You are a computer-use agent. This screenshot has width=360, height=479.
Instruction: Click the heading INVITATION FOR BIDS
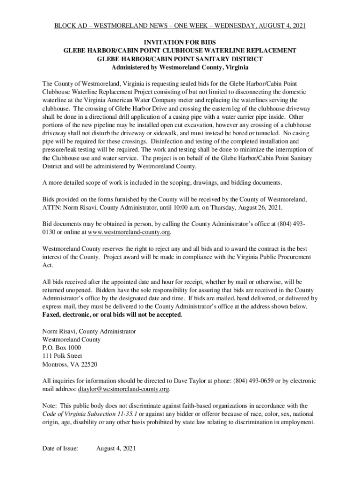coord(180,42)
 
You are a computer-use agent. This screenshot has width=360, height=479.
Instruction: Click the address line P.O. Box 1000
coord(62,348)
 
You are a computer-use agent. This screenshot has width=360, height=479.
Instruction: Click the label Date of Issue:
coord(60,449)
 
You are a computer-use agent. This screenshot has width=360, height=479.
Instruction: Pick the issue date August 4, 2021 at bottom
coord(116,449)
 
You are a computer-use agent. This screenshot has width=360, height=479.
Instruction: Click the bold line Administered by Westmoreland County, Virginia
coord(180,67)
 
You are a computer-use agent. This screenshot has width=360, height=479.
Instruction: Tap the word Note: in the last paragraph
coord(50,406)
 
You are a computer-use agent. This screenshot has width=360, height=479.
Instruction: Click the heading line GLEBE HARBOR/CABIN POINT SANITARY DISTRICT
coord(180,58)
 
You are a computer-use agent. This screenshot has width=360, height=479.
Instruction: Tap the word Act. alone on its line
coord(47,265)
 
